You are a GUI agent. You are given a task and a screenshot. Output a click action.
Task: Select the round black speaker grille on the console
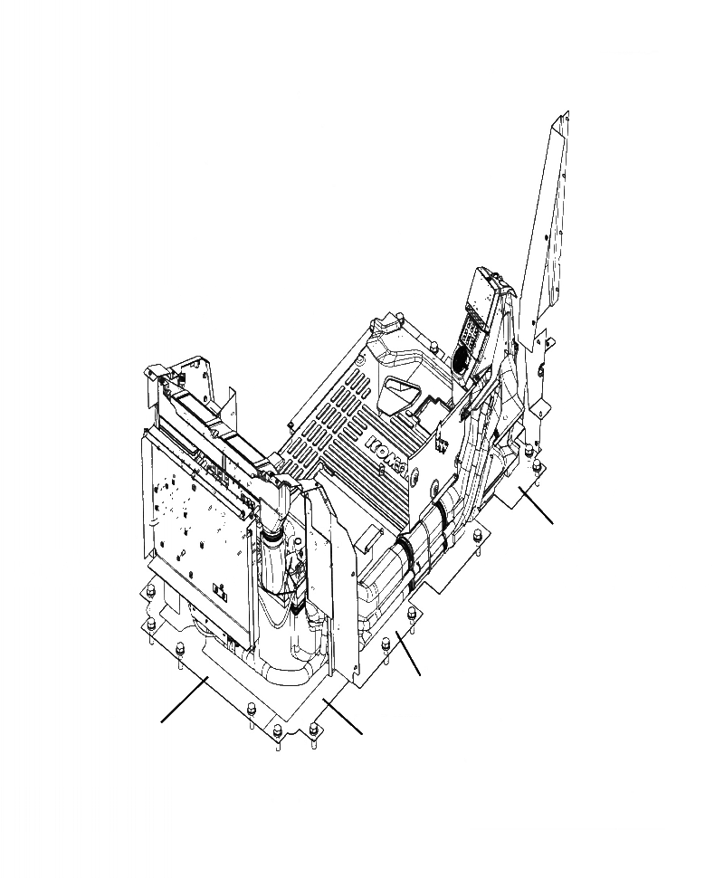pos(461,355)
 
